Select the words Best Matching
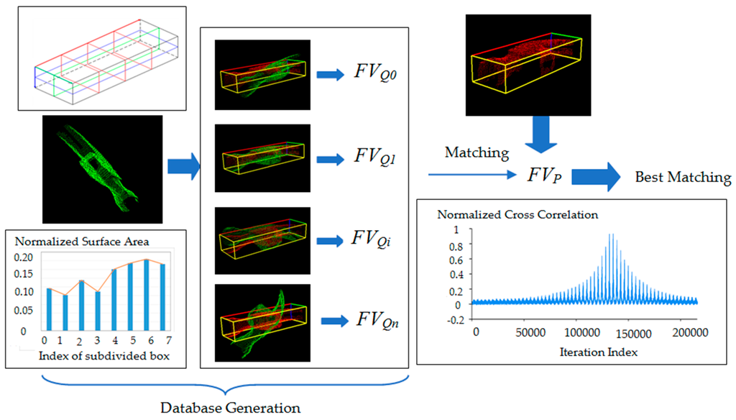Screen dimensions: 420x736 [x=683, y=177]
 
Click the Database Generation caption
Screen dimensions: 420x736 [x=230, y=408]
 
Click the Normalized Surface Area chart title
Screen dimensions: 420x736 [x=72, y=241]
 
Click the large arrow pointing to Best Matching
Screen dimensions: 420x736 [x=594, y=176]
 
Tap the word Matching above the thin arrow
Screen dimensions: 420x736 [x=477, y=152]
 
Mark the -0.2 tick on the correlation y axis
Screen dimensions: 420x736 [x=454, y=320]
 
